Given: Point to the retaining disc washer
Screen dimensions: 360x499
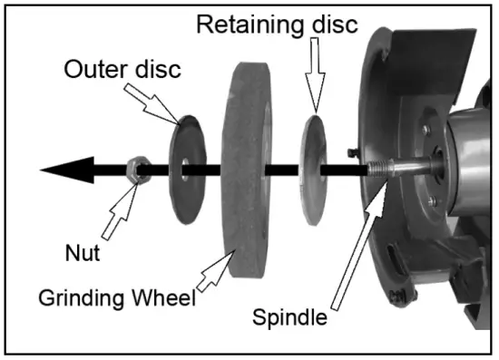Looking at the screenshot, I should (x=312, y=168).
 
